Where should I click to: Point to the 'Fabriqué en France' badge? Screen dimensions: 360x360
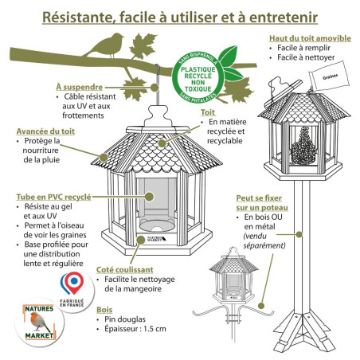[75, 286]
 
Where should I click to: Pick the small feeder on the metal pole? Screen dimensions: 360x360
[230, 284]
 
